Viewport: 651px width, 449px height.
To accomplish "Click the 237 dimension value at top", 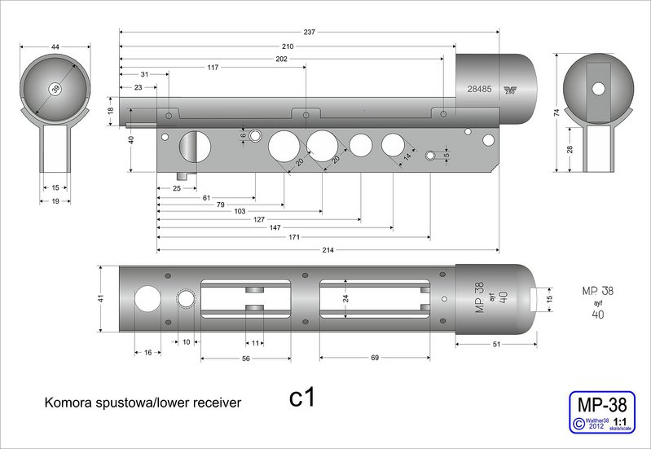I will click(309, 32).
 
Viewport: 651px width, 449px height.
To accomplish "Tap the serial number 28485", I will click(479, 90).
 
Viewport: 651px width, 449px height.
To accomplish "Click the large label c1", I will click(302, 398).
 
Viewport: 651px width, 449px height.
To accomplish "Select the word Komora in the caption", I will click(67, 402).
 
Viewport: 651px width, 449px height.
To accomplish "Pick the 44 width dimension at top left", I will click(55, 48).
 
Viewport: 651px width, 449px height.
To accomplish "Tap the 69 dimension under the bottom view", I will click(375, 358).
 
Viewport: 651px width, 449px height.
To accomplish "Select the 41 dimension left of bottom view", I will click(101, 298).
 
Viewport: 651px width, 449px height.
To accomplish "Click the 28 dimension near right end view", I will click(570, 148).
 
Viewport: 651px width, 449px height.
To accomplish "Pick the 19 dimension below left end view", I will click(55, 200).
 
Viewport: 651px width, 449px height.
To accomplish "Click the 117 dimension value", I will click(213, 67).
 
